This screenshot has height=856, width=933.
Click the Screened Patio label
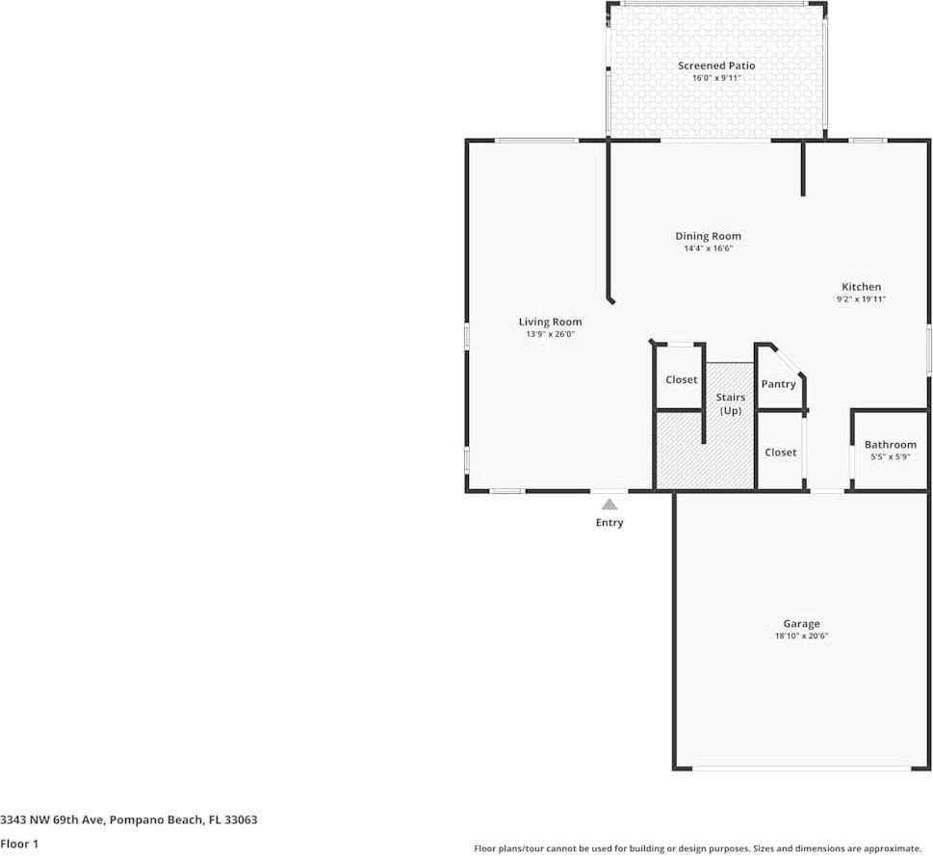pos(716,65)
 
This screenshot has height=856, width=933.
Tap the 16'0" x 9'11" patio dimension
pos(716,78)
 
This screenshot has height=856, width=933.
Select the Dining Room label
pos(708,236)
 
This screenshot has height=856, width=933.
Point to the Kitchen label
pos(861,287)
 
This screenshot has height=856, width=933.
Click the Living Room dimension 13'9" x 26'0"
pos(550,334)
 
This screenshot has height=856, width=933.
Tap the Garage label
pos(801,624)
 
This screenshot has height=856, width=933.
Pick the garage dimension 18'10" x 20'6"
pos(801,636)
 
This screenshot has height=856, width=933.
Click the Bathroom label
pos(890,445)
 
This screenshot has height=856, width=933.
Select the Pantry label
pos(778,384)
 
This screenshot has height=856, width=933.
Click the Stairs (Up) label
pos(730,403)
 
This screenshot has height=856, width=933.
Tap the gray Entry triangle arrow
pos(609,504)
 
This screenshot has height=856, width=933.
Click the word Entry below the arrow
pos(609,523)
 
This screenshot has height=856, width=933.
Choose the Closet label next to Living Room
pos(681,379)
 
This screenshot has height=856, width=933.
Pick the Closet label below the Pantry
pos(780,452)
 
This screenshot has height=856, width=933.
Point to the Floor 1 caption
pos(19,843)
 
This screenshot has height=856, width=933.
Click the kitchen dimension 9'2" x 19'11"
pos(861,299)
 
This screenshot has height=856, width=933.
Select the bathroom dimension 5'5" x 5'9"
pos(890,456)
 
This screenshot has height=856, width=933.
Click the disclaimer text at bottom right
pos(697,848)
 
